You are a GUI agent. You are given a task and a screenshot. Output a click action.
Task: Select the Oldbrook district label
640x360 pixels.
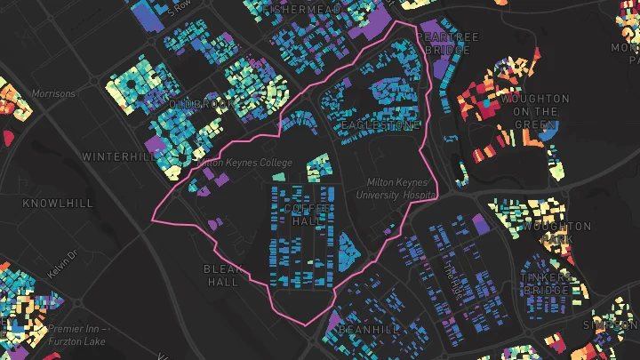pos(201,104)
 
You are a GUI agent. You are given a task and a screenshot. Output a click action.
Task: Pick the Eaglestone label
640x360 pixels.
pos(380,125)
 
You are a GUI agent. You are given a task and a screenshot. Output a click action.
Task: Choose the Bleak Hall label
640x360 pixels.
pos(222,275)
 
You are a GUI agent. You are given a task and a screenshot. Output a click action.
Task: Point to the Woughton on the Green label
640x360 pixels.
pos(535,112)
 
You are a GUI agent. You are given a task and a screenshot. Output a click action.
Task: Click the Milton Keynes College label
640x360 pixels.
pos(243,163)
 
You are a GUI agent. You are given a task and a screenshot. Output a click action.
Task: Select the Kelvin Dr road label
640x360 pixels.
pos(64,263)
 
